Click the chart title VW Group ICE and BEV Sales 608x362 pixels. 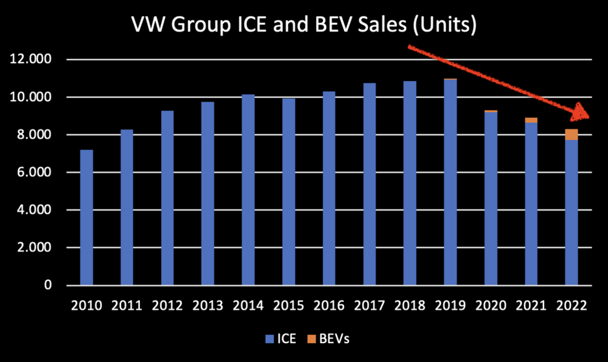[303, 26]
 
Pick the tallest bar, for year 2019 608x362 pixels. [450, 183]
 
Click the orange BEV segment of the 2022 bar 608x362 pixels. [572, 134]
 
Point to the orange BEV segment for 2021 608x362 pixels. [531, 120]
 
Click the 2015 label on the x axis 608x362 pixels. [288, 305]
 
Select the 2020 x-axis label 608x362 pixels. [490, 305]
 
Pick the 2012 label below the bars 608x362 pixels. [167, 305]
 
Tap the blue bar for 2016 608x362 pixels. [329, 189]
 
